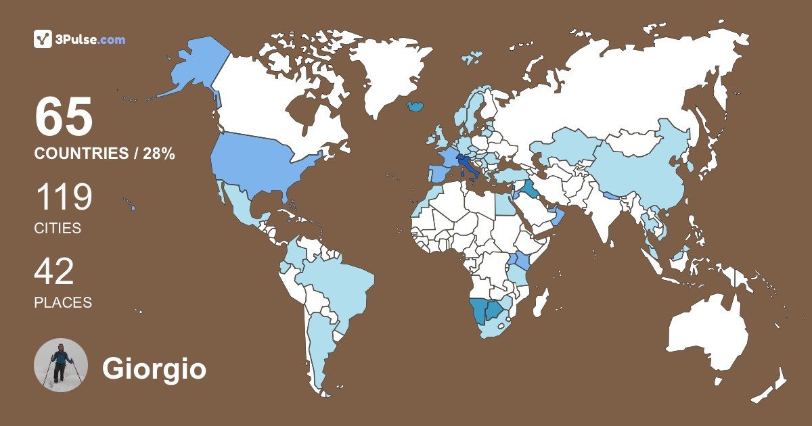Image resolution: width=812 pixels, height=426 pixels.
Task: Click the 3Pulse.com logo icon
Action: coord(43,39)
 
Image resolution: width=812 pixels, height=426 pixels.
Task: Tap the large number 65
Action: coord(64,118)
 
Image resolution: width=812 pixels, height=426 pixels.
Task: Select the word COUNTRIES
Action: coord(81,154)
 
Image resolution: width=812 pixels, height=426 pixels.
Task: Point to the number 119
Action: coord(64,198)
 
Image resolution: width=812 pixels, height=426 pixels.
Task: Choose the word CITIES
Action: coord(58,229)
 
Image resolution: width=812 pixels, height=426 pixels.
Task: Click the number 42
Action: coord(54,272)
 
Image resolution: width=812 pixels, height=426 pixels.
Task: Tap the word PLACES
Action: coord(63,303)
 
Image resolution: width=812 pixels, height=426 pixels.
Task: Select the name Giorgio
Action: coord(154,369)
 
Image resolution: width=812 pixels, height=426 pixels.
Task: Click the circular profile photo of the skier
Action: coord(61,365)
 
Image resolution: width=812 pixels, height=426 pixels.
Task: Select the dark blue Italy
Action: coord(466,165)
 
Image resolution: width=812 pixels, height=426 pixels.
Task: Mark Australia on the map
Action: coord(707,335)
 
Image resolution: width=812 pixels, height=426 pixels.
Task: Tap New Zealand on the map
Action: coord(771,385)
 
